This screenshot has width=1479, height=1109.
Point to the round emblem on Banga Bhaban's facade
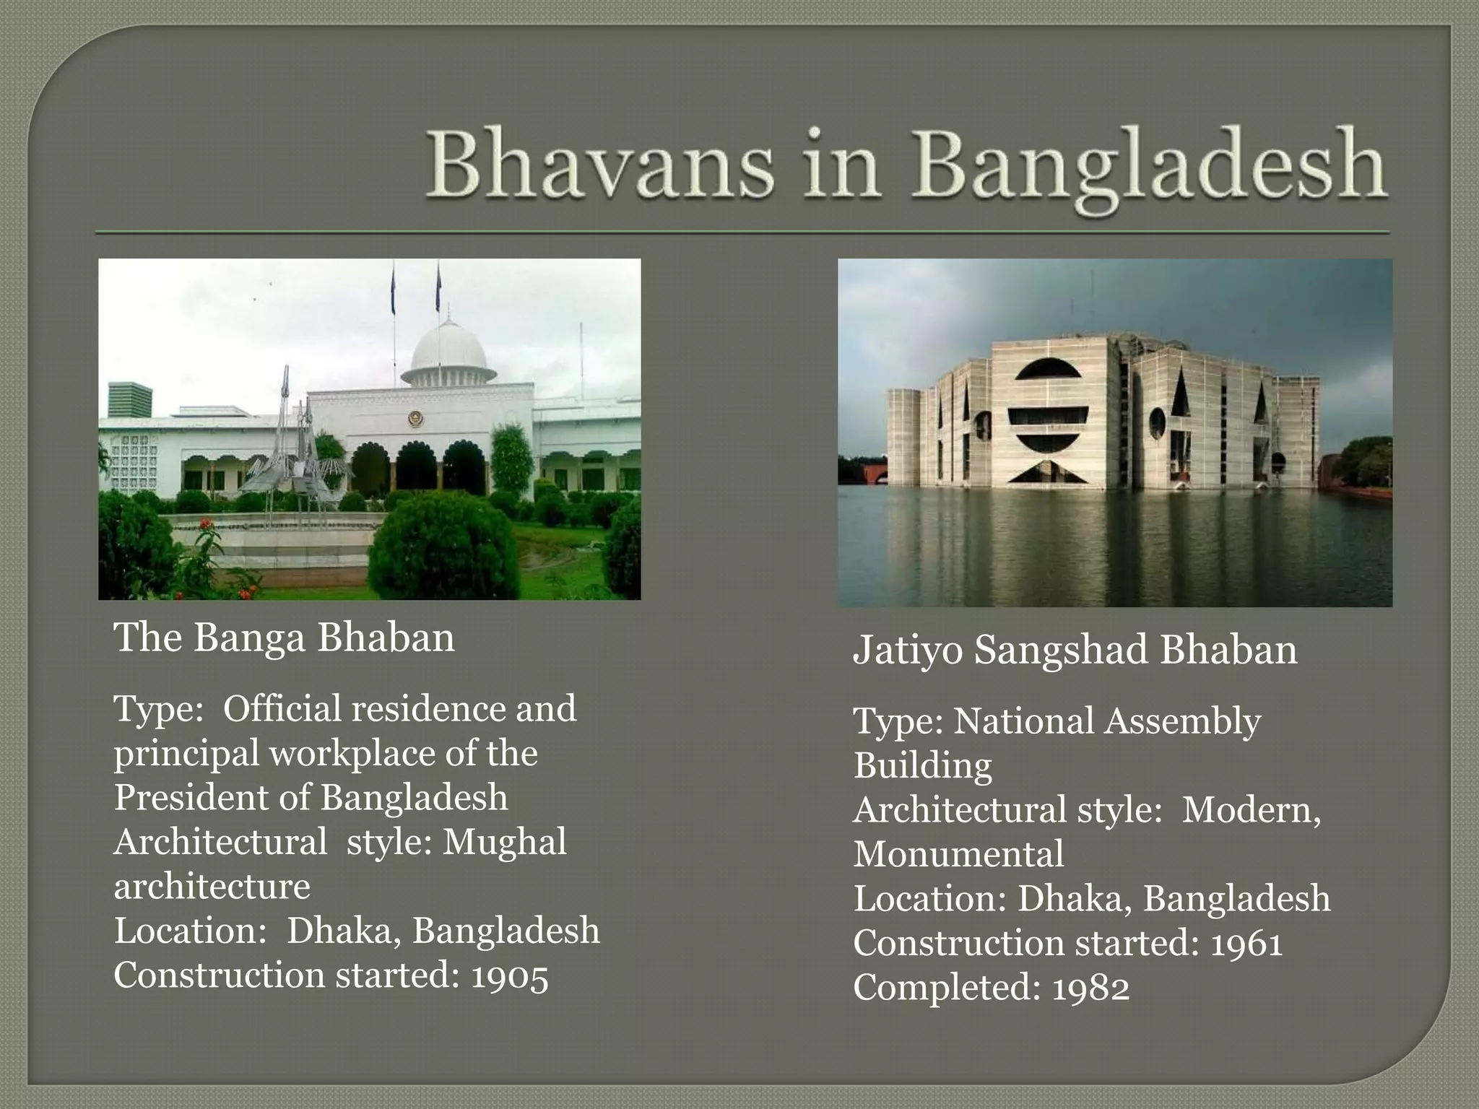(415, 419)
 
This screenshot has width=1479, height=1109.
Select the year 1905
(510, 976)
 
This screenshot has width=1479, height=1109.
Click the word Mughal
(504, 842)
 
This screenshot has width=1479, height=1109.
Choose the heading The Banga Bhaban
(285, 638)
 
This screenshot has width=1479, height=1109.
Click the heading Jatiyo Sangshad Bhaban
(1075, 650)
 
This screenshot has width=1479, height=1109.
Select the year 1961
(1246, 944)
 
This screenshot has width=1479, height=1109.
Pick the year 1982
(1090, 988)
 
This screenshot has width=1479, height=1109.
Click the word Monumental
(958, 855)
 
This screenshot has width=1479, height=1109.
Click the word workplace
(352, 754)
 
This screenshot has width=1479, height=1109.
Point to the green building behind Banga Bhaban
(130, 400)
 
